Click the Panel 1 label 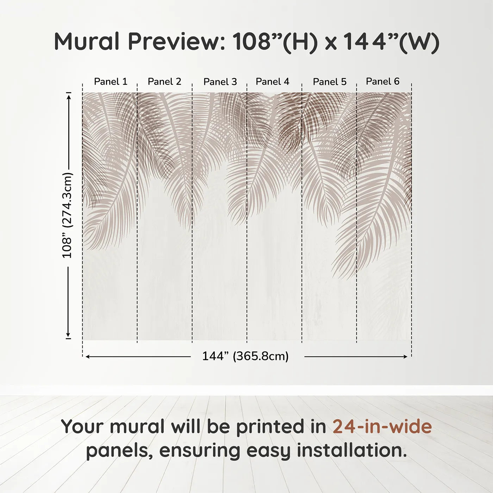click(x=111, y=82)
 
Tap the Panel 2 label click(x=164, y=82)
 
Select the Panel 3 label click(x=220, y=82)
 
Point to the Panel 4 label click(x=273, y=82)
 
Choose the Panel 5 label click(x=330, y=82)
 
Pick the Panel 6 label click(x=382, y=82)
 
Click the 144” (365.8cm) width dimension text click(x=245, y=356)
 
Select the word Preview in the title click(x=176, y=42)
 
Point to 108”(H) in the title click(x=275, y=42)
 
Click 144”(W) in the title click(x=391, y=42)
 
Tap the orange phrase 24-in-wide click(x=382, y=427)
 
